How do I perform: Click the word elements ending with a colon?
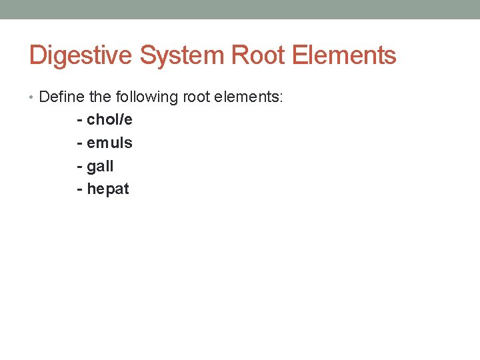pyautogui.click(x=244, y=97)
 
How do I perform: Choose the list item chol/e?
pyautogui.click(x=109, y=120)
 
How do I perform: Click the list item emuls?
pyautogui.click(x=109, y=143)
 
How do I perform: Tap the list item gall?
pyautogui.click(x=100, y=166)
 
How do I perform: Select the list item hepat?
pyautogui.click(x=108, y=189)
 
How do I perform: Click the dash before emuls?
pyautogui.click(x=80, y=143)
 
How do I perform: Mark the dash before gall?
pyautogui.click(x=80, y=167)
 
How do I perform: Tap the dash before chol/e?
pyautogui.click(x=80, y=121)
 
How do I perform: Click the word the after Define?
pyautogui.click(x=100, y=97)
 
